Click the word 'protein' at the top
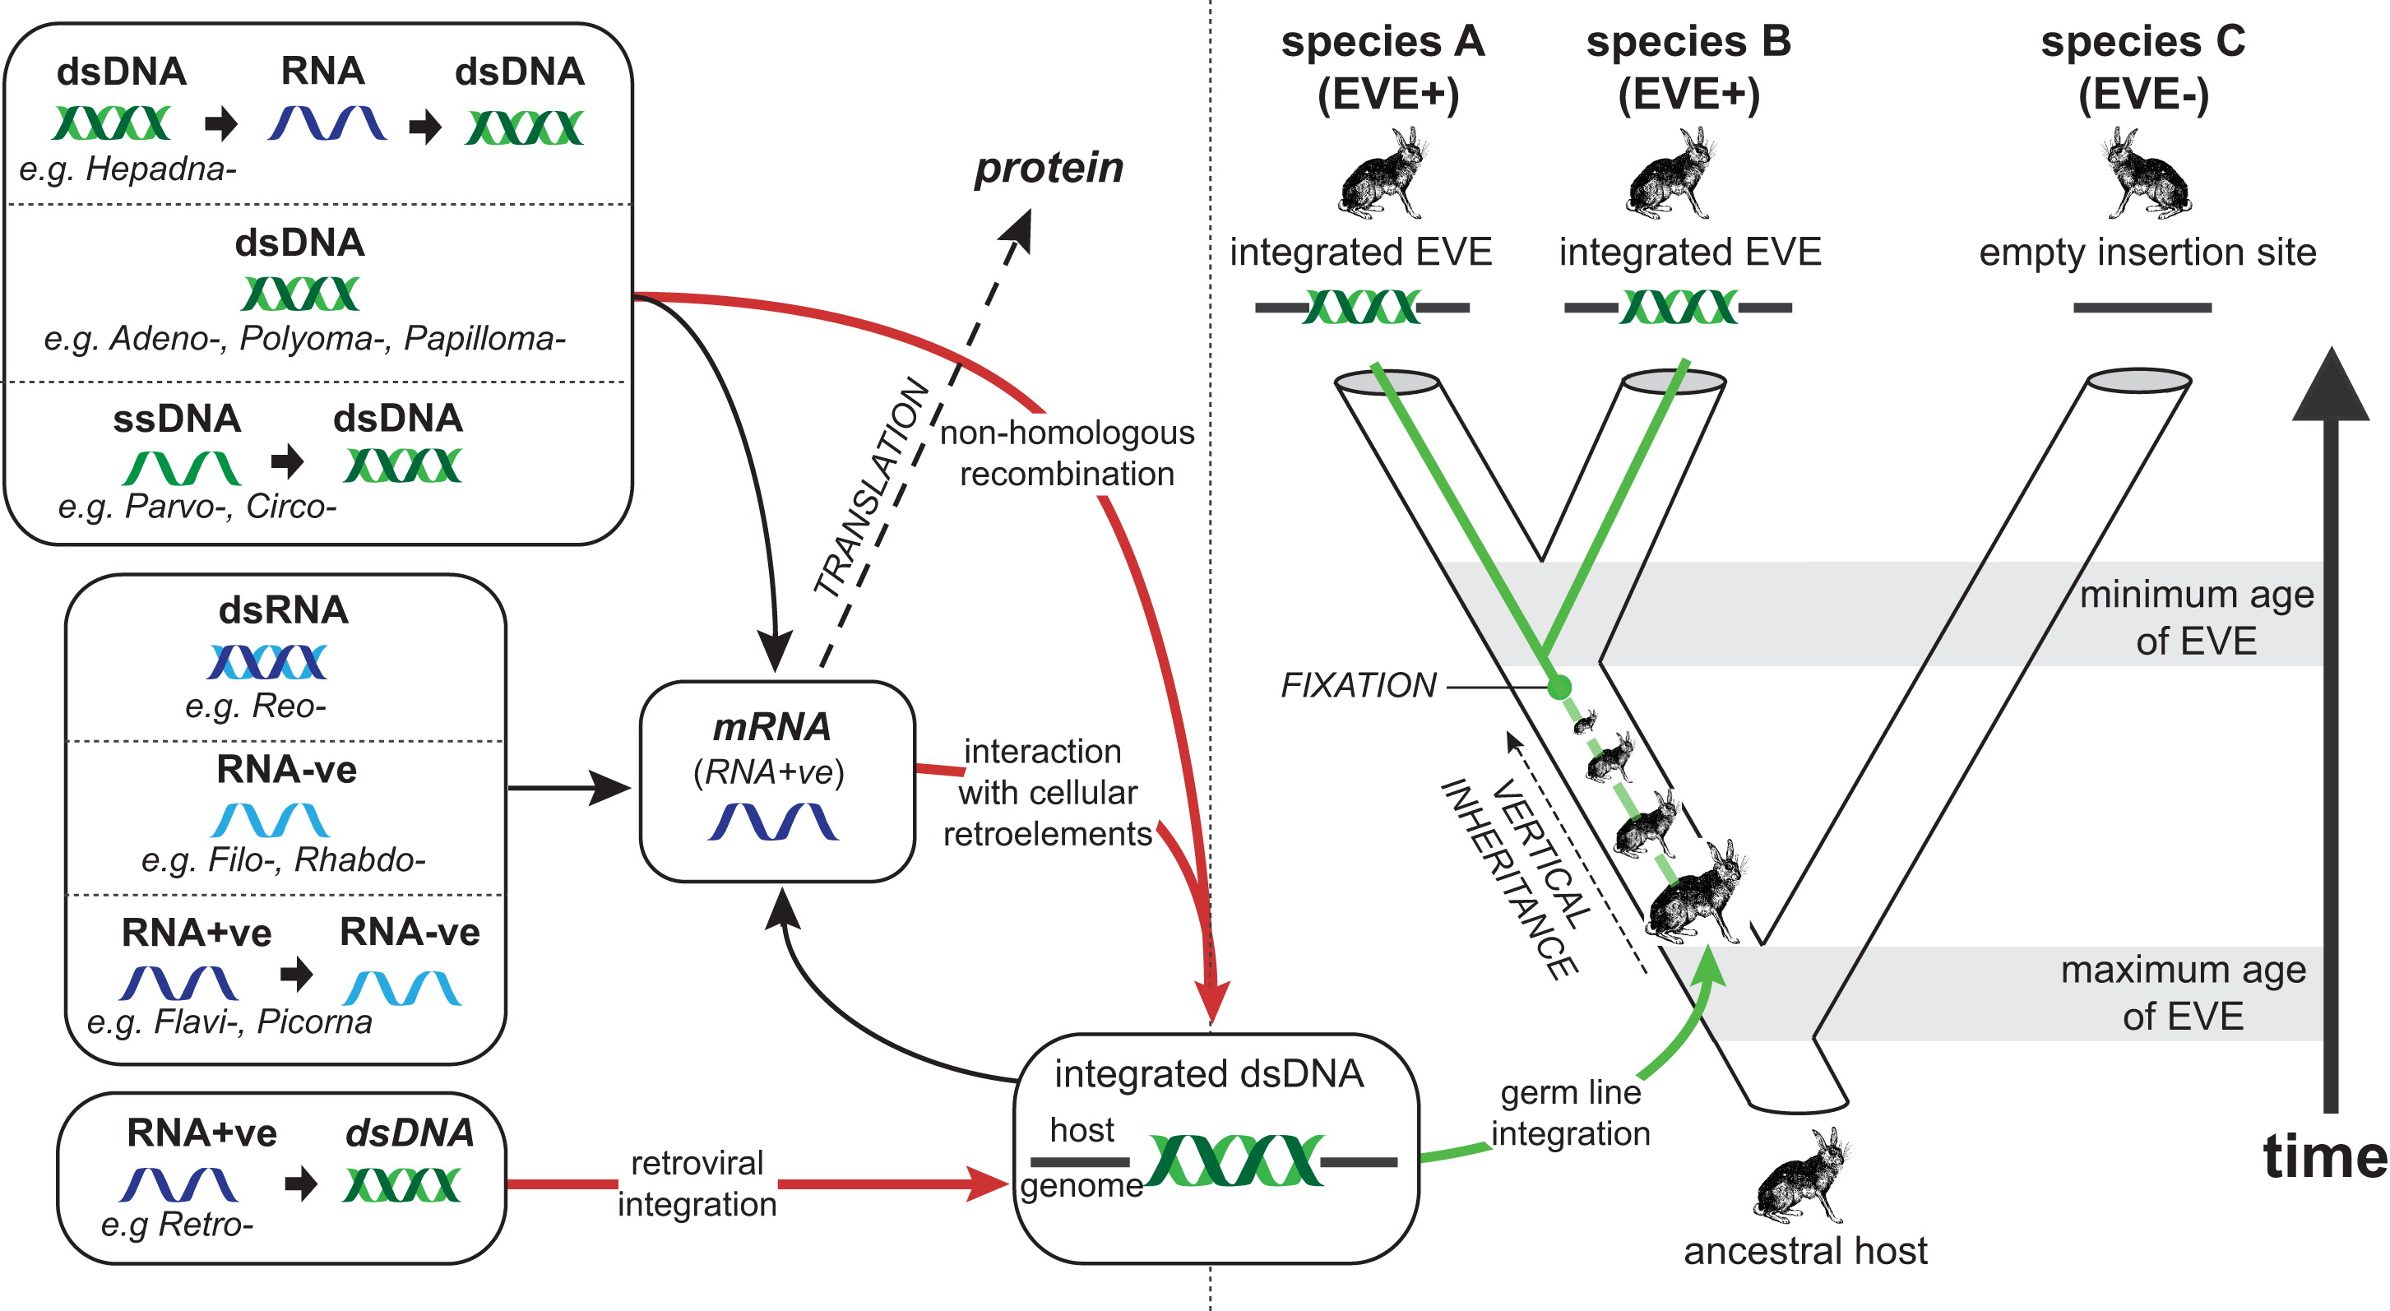coord(1049,168)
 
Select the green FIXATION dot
coord(1559,688)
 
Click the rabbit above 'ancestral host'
coord(1801,1176)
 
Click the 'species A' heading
coord(1383,42)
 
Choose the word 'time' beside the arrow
coord(2324,1157)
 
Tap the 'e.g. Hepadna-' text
coord(128,169)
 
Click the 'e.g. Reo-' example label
coord(255,706)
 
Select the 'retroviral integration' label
coord(697,1183)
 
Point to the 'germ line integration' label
coord(1571,1113)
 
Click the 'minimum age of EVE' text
coord(2196,617)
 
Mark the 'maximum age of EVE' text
coord(2183,993)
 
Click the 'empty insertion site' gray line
coord(2142,307)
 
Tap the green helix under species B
coord(1679,307)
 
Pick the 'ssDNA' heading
coord(176,419)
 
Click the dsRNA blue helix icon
coord(267,661)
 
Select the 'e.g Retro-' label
coord(176,1225)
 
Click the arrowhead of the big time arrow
coord(2331,390)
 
